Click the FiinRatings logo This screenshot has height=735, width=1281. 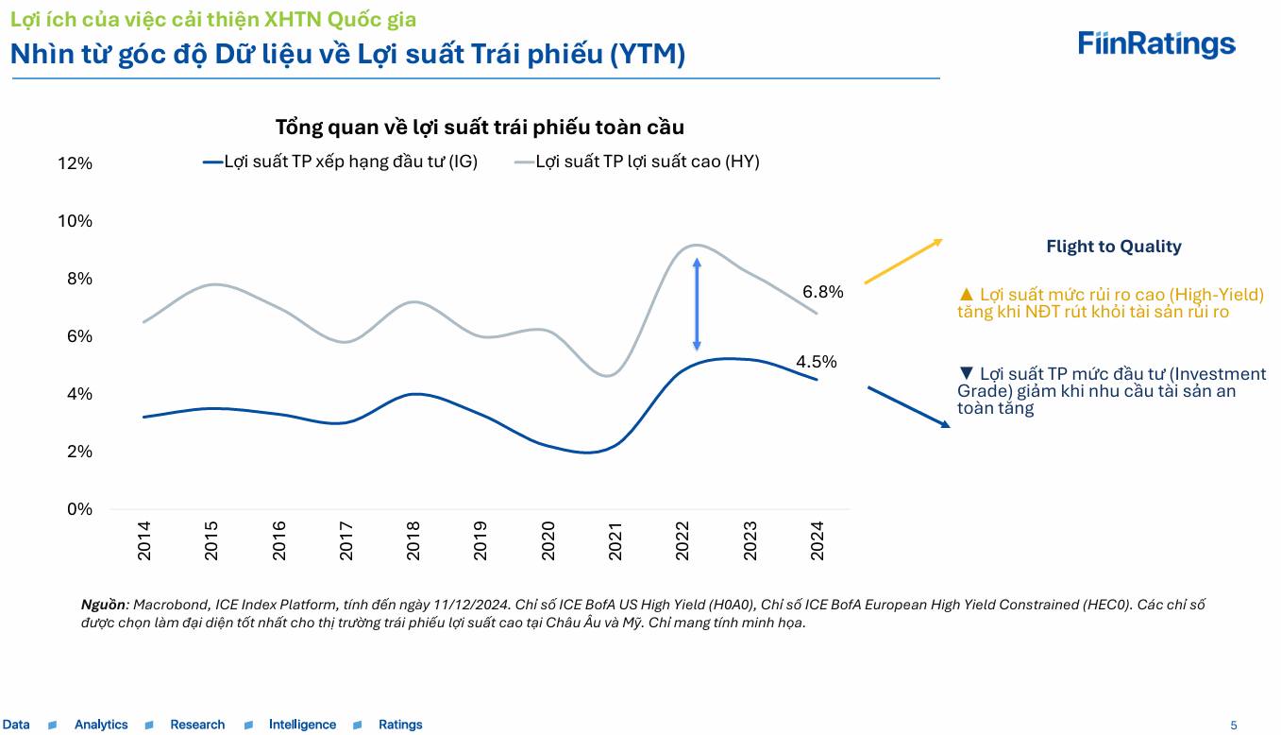pos(1156,43)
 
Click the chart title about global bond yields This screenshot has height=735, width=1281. pos(480,127)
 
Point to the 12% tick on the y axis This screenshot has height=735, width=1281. pos(75,163)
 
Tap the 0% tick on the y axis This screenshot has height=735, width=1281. pos(79,509)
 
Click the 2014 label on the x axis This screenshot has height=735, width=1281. pos(144,541)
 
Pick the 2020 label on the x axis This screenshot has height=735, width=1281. pos(548,541)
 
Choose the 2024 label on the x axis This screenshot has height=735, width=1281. pos(817,541)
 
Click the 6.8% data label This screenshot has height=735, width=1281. pos(822,292)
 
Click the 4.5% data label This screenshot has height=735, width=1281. pos(817,361)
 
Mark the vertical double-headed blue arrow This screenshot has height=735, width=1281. pos(697,305)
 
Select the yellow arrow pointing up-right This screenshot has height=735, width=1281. pos(903,262)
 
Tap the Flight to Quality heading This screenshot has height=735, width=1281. pos(1113,247)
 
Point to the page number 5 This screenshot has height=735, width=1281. pos(1233,726)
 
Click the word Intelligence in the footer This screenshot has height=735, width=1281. pos(302,725)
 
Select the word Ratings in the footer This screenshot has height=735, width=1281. pos(400,725)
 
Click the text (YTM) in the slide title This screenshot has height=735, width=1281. pos(647,55)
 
